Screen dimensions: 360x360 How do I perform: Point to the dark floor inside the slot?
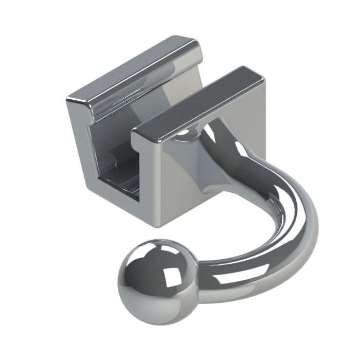pos(121,180)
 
